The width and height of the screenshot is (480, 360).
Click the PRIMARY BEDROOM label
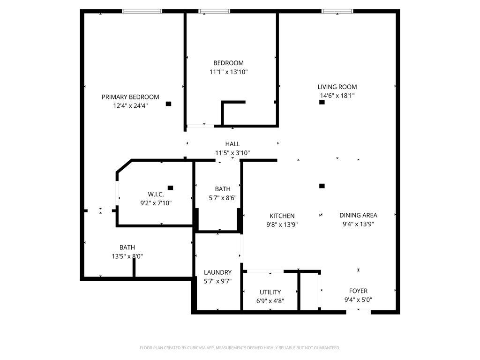pyautogui.click(x=130, y=97)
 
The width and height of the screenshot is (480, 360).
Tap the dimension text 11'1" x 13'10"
pyautogui.click(x=228, y=72)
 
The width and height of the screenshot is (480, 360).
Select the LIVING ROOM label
pyautogui.click(x=337, y=87)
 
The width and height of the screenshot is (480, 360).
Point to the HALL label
pyautogui.click(x=232, y=144)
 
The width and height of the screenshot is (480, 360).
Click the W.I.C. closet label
pyautogui.click(x=156, y=194)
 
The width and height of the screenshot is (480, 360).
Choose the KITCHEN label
pyautogui.click(x=282, y=216)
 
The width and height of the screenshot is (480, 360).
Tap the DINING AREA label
pyautogui.click(x=358, y=215)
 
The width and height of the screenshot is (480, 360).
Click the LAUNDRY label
pyautogui.click(x=217, y=272)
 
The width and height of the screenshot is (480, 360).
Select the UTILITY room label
pyautogui.click(x=270, y=292)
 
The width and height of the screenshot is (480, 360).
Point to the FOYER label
pyautogui.click(x=358, y=291)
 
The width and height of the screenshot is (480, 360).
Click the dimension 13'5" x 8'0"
pyautogui.click(x=127, y=256)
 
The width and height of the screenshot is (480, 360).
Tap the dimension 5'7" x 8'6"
pyautogui.click(x=223, y=198)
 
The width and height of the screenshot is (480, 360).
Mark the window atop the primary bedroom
pyautogui.click(x=142, y=11)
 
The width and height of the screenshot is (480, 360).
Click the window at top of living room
pyautogui.click(x=337, y=11)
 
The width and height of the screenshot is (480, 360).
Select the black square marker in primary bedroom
pyautogui.click(x=169, y=104)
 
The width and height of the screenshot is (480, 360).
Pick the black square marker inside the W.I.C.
pyautogui.click(x=170, y=188)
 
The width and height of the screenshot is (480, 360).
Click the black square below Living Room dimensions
pyautogui.click(x=322, y=102)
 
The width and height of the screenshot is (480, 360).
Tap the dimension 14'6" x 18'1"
pyautogui.click(x=337, y=96)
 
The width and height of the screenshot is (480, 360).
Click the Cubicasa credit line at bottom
pyautogui.click(x=240, y=348)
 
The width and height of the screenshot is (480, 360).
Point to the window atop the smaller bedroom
pyautogui.click(x=214, y=11)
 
